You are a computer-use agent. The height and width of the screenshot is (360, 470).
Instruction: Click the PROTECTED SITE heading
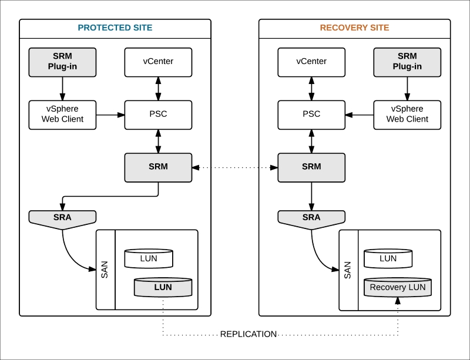coord(115,28)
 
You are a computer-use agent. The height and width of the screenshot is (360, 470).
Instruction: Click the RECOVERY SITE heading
coord(354,28)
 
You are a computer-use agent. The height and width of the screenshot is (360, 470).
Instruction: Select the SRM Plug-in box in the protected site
coord(62,62)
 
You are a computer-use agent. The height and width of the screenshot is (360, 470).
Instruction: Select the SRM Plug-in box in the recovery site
coord(407,62)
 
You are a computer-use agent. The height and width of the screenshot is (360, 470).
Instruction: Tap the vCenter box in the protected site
coord(158,62)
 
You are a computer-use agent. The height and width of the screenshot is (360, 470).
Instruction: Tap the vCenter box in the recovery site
coord(311,62)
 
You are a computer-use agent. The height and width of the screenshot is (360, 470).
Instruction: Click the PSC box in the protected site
coord(158,114)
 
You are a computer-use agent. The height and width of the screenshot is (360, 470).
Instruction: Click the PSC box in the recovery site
coord(311,114)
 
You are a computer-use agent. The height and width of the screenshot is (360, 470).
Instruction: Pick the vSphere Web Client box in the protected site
coord(62,114)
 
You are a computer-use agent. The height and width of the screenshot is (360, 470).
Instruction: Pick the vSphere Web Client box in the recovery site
coord(407,114)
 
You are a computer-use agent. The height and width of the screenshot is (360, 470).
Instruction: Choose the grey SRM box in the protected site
coord(158,167)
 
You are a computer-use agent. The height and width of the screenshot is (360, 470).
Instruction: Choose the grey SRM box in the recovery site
coord(311,167)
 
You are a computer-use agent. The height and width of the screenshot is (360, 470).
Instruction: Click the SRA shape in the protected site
coord(62,218)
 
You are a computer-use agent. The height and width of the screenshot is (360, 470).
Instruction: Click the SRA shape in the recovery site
coord(311,218)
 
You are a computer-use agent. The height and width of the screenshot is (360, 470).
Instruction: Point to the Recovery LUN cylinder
coord(398,287)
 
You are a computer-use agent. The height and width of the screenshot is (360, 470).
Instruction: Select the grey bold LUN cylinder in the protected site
coord(163,287)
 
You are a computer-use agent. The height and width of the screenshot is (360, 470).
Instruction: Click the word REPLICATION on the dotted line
coord(249,334)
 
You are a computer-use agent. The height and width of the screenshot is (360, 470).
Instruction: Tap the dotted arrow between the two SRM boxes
coord(235,167)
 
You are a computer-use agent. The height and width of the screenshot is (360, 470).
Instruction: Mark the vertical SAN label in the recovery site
coord(348,270)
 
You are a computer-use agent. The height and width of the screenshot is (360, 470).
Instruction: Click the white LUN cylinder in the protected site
coord(149,258)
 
